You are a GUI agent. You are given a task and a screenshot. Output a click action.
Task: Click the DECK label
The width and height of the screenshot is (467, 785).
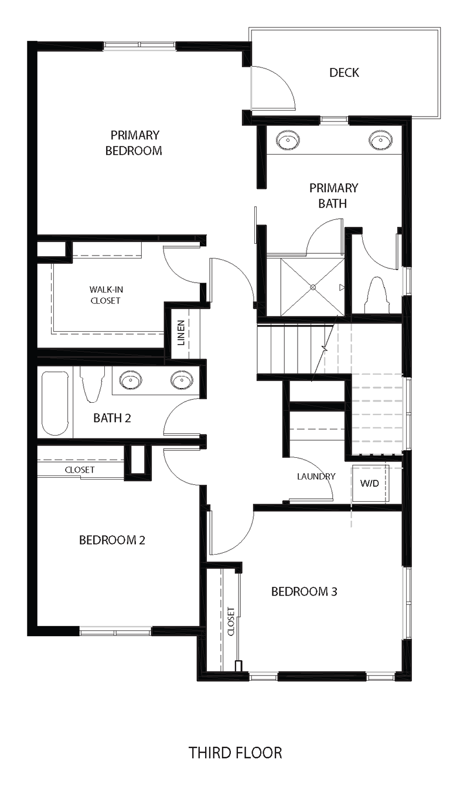point(344,73)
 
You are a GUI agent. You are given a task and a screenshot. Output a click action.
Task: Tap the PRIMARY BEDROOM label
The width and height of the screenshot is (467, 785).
point(134,143)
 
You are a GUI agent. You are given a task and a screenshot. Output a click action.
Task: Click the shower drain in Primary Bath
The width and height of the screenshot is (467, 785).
point(313,287)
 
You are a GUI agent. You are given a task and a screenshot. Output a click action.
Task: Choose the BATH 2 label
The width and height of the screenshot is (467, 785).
point(111,419)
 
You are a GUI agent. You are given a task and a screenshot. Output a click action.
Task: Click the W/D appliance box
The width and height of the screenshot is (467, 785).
point(370,484)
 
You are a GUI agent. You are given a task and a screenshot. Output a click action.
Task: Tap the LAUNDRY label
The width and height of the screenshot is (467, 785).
point(316,476)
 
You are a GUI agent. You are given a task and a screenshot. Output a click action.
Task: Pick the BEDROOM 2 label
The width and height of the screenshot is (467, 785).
point(112,540)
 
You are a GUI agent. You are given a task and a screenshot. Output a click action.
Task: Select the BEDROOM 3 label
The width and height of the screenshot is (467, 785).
point(304,592)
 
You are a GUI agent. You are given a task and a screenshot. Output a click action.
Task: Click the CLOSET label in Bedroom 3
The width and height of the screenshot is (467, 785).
point(231,621)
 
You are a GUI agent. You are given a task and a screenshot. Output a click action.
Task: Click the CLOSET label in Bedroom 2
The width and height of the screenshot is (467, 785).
point(80,470)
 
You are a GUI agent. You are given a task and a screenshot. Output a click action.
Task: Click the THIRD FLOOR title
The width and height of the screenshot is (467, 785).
point(235,752)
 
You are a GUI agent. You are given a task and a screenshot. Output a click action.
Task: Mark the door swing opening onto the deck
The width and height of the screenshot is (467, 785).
point(274,88)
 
